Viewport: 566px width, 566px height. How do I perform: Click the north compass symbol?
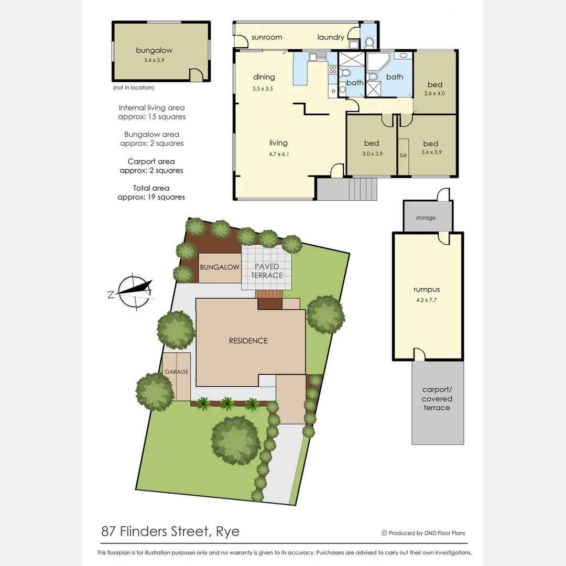tap(135, 290)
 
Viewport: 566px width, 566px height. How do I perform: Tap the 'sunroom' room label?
tap(267, 37)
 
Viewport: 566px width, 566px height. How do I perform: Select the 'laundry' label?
tap(331, 37)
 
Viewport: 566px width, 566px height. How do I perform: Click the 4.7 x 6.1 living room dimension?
tap(278, 154)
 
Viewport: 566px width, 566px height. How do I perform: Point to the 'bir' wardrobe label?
tap(404, 156)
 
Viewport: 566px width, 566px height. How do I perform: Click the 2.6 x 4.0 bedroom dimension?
tap(434, 94)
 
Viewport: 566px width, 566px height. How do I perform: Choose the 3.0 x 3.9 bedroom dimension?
tap(371, 154)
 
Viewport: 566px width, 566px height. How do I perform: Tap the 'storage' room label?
tap(426, 217)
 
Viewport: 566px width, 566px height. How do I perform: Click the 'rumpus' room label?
tap(427, 289)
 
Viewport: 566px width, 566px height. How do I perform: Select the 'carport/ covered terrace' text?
tap(437, 399)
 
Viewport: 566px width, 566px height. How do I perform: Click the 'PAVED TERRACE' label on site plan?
tap(267, 271)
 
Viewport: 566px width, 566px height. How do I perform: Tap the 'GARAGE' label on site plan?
tap(177, 372)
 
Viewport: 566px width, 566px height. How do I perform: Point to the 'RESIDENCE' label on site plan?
tap(248, 341)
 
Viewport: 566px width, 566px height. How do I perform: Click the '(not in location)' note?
tap(134, 88)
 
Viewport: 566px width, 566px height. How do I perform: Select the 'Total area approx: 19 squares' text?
tap(151, 192)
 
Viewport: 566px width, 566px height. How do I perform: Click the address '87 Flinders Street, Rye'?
tap(170, 531)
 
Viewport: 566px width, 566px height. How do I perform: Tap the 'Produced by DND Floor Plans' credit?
tap(423, 533)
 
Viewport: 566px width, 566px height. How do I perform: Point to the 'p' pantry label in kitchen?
tap(333, 91)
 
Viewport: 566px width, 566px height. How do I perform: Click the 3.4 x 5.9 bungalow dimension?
tap(154, 60)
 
